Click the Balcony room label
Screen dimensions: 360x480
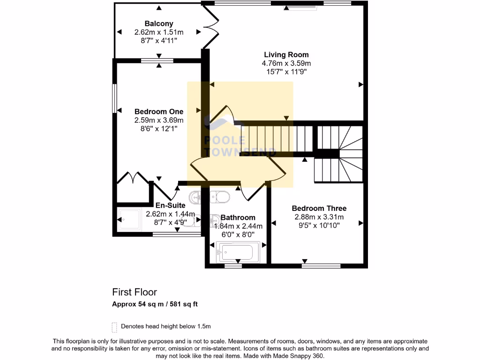pyautogui.click(x=158, y=23)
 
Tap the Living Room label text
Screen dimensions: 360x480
pyautogui.click(x=286, y=55)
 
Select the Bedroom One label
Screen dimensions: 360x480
pyautogui.click(x=158, y=112)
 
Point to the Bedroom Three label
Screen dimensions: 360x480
pyautogui.click(x=319, y=208)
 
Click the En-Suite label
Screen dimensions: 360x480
pyautogui.click(x=170, y=205)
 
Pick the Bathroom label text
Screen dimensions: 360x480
pyautogui.click(x=238, y=217)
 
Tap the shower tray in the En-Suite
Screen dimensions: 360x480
pyautogui.click(x=129, y=219)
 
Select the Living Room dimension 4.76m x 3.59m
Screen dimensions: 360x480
pyautogui.click(x=286, y=63)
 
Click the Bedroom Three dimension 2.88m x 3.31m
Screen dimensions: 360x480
pyautogui.click(x=319, y=217)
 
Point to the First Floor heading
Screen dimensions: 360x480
pyautogui.click(x=134, y=292)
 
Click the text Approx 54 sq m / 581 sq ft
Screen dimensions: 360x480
pyautogui.click(x=155, y=304)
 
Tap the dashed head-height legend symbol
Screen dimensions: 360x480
pyautogui.click(x=114, y=326)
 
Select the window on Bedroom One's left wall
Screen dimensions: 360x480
pyautogui.click(x=114, y=98)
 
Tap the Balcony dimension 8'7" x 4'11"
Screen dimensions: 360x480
pyautogui.click(x=158, y=41)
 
